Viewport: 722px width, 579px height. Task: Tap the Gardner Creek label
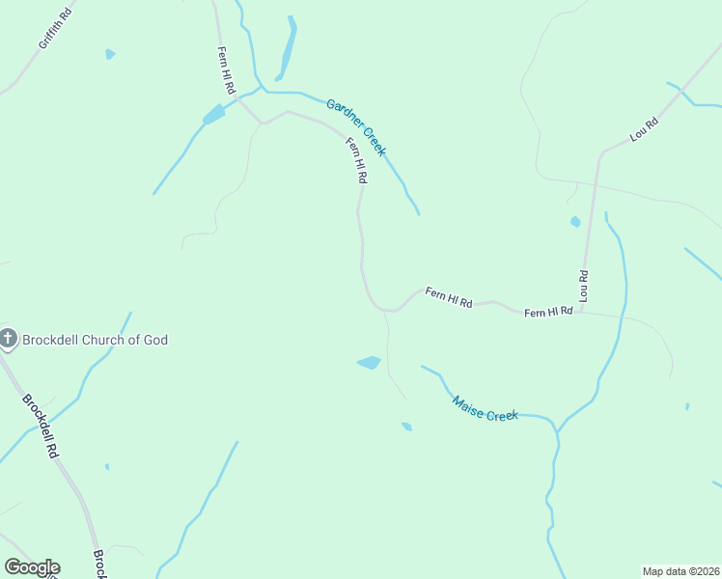[356, 127]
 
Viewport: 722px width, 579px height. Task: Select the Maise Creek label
[486, 408]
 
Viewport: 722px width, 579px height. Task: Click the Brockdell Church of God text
[96, 340]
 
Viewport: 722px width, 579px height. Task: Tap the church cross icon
[9, 338]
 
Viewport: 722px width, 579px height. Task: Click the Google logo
[32, 567]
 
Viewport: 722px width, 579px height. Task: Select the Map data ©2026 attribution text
[680, 570]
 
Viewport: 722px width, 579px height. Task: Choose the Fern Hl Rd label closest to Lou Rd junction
[548, 312]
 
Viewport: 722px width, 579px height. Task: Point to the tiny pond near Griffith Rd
[110, 54]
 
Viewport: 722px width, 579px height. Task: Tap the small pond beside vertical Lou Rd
[575, 222]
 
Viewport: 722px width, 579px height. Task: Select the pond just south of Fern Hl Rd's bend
[369, 363]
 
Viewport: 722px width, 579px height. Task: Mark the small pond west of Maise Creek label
[406, 426]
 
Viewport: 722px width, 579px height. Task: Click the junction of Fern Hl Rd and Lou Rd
[582, 311]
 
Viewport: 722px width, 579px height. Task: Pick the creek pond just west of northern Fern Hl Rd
[213, 116]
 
